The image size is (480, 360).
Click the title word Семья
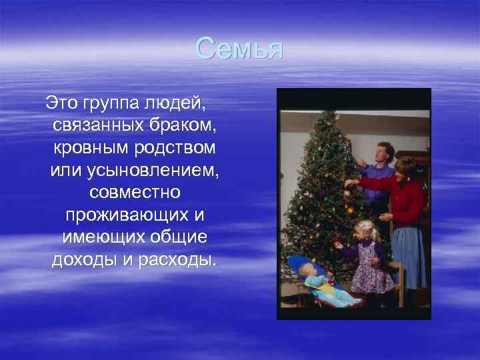(240, 49)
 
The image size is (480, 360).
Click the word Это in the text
(61, 103)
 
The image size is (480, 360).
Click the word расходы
(180, 259)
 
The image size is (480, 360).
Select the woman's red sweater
(404, 200)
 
